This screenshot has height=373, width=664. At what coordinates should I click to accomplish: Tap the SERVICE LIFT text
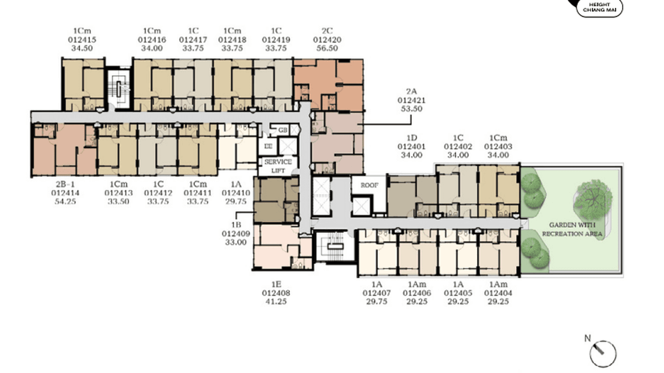tap(278, 166)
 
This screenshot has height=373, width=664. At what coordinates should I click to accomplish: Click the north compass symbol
tap(603, 352)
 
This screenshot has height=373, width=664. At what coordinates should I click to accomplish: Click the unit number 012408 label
tap(276, 293)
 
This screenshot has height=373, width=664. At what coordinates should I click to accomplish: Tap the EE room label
tap(268, 146)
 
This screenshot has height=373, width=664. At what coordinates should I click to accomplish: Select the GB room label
tap(283, 130)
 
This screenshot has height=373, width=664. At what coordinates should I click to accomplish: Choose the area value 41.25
tap(276, 301)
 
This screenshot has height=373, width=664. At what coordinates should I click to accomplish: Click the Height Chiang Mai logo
tap(599, 7)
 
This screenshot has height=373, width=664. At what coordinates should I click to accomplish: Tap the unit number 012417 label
tap(193, 40)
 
